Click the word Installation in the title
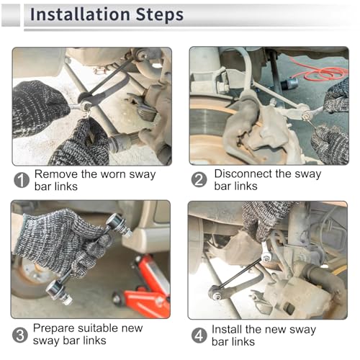point(80,14)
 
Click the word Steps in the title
point(160,15)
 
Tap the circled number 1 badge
point(22,180)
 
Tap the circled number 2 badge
point(199,179)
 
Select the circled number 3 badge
point(20,335)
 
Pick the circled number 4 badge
point(199,336)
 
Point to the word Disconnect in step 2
point(243,174)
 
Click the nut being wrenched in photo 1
point(86,105)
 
